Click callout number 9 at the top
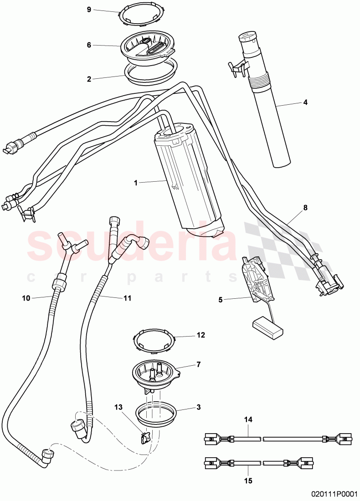coord(89,9)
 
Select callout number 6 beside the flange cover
coord(89,45)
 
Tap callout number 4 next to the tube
coord(305,102)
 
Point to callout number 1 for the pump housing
coord(135,183)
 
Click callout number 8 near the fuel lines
coord(305,208)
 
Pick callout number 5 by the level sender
coord(221,300)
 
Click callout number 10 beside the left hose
coord(26,298)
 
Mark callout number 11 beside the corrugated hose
coord(127,298)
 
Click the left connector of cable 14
coord(212,439)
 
